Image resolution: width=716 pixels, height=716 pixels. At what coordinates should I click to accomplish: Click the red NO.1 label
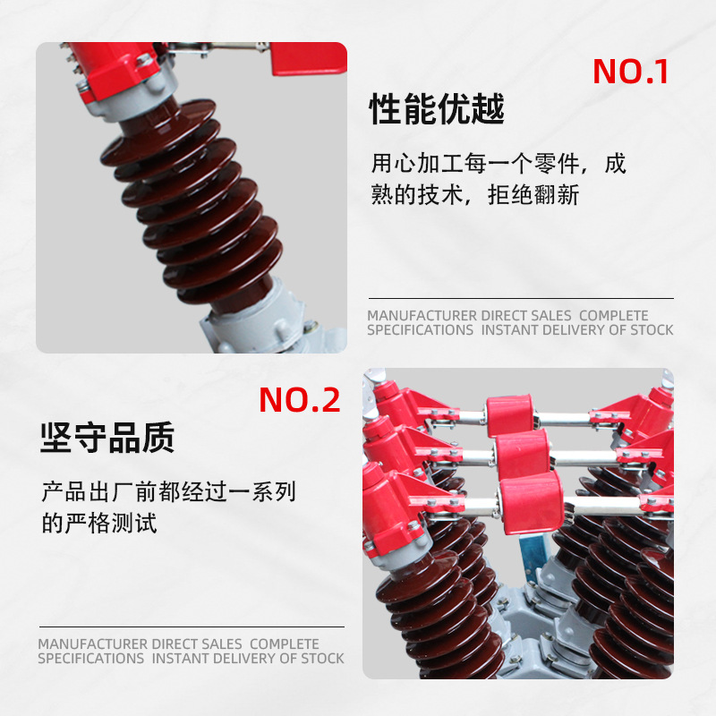[631, 72]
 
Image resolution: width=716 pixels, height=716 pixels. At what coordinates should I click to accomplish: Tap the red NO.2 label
[300, 400]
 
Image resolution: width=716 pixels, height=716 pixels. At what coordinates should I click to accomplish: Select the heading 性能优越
[437, 109]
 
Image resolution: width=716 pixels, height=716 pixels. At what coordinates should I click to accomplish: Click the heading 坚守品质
[107, 438]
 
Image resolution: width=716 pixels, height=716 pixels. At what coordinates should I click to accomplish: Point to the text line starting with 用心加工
[499, 164]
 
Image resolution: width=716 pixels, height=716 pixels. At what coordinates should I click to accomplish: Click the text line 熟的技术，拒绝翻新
[475, 195]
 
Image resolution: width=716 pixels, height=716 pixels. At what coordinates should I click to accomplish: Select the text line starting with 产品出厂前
[168, 491]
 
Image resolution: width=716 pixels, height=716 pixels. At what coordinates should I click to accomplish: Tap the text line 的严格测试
[99, 523]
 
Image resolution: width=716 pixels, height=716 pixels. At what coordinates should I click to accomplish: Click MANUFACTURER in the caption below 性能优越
[422, 316]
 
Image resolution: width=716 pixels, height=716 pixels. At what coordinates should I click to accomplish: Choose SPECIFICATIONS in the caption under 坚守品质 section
[90, 659]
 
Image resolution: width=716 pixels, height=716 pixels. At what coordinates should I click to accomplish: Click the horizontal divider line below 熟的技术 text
[521, 298]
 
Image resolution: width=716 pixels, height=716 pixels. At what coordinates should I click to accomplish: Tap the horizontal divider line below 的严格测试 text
[191, 626]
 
